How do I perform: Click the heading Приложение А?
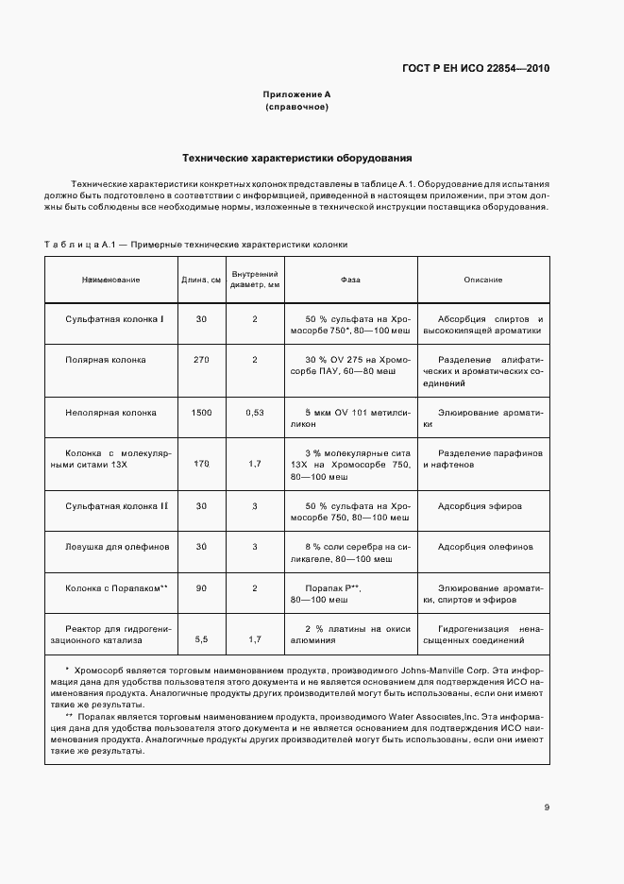(x=296, y=94)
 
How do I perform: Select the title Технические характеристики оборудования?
(x=296, y=158)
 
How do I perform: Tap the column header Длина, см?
(x=201, y=280)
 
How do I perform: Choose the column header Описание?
(x=482, y=280)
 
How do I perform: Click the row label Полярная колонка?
(x=106, y=360)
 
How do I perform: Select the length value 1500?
(x=201, y=413)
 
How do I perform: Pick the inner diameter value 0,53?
(x=255, y=413)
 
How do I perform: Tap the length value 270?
(x=201, y=360)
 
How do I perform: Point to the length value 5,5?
(x=201, y=639)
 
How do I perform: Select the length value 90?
(x=201, y=587)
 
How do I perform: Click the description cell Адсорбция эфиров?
(x=480, y=506)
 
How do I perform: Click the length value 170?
(x=201, y=464)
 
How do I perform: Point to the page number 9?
(x=547, y=807)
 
